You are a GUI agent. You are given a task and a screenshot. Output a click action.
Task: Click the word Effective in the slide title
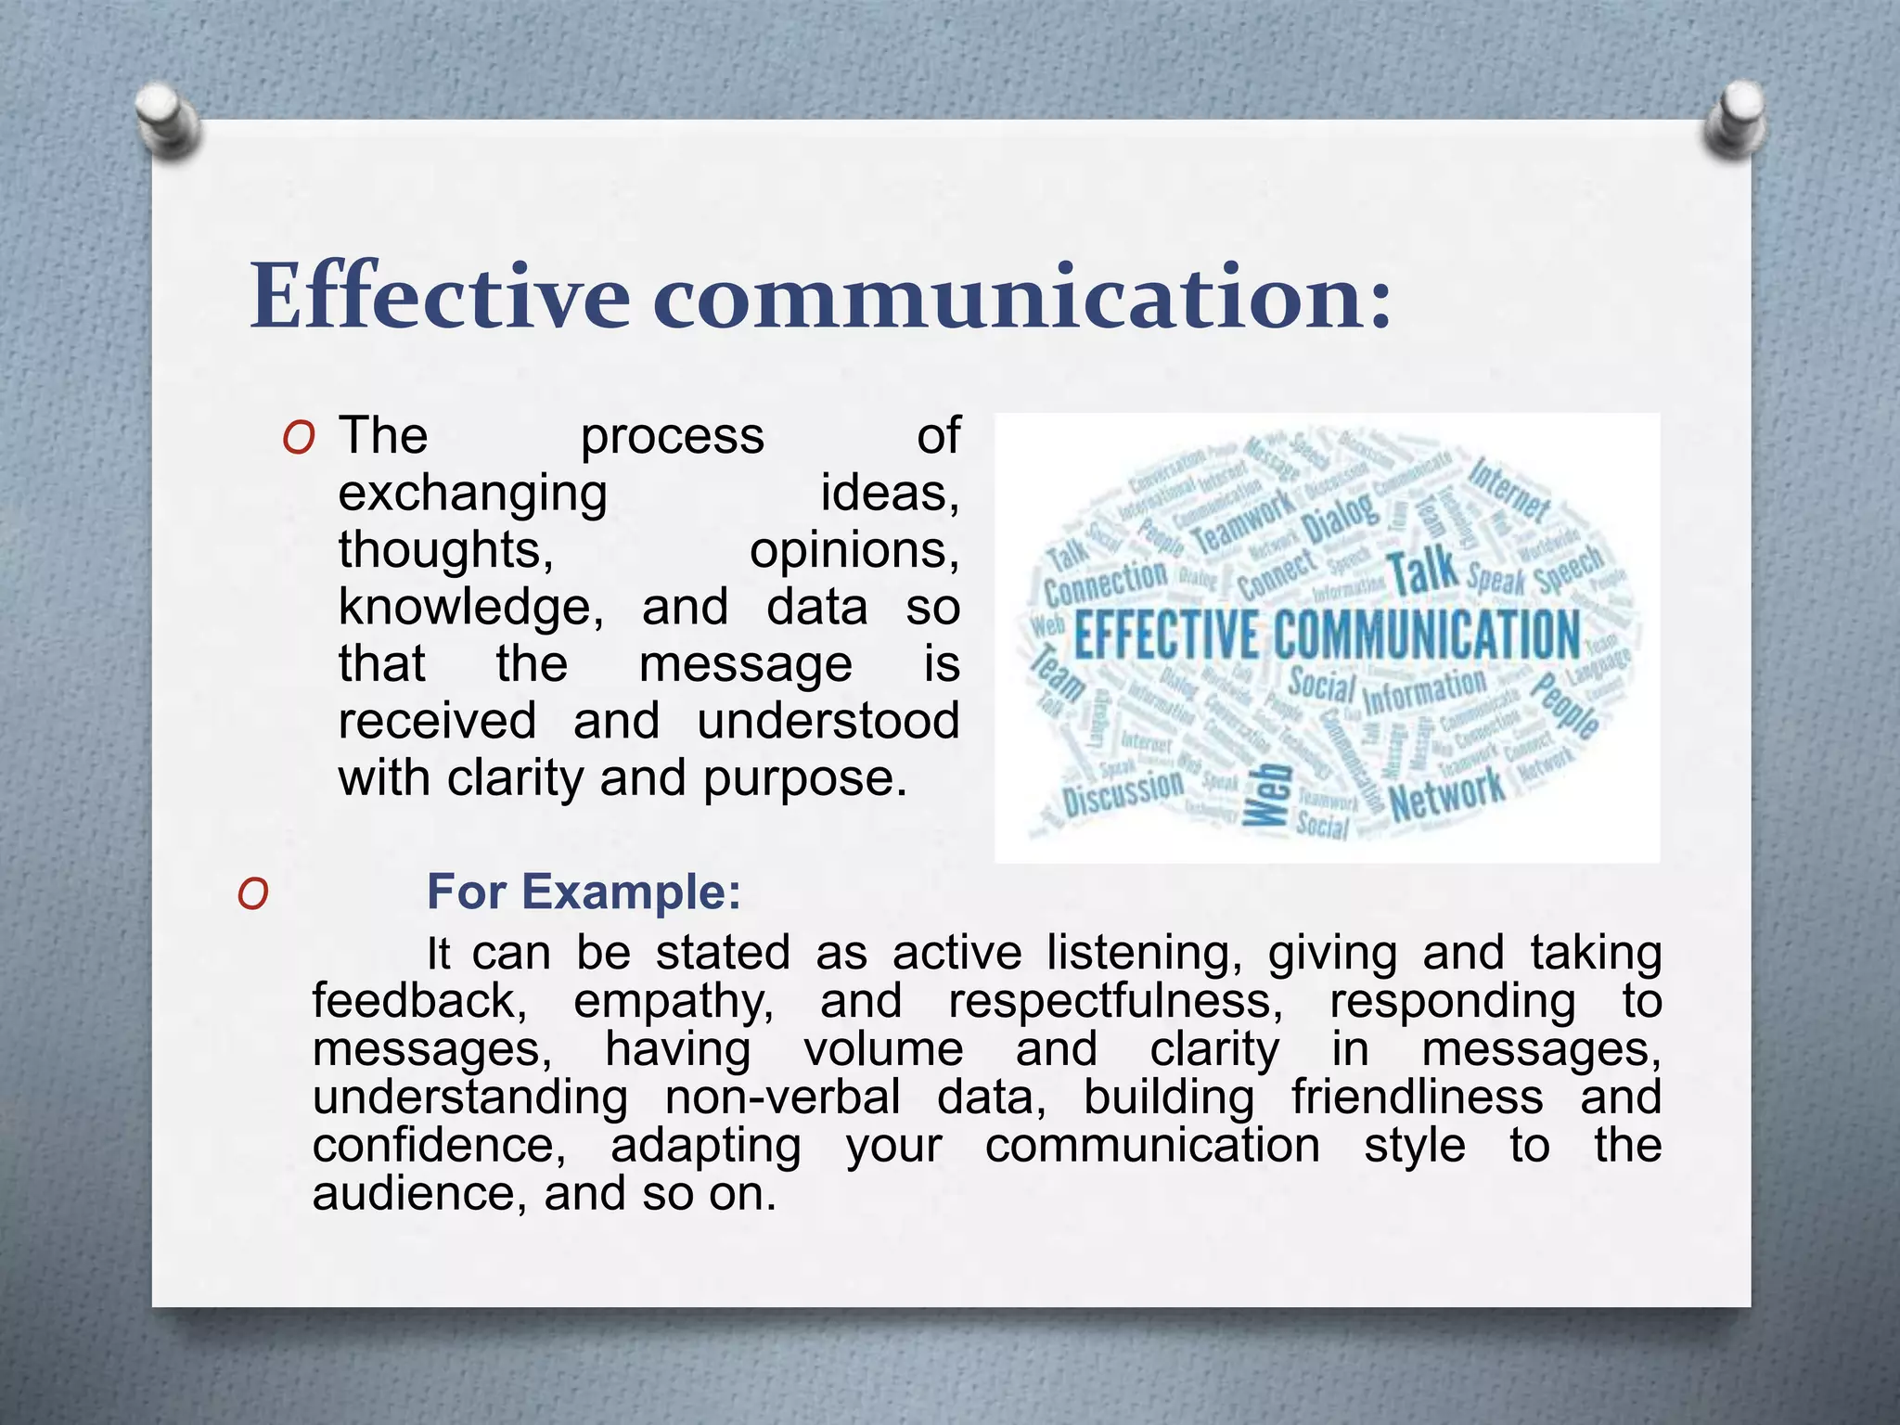(x=440, y=297)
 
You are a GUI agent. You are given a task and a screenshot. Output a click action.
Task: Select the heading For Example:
(x=584, y=892)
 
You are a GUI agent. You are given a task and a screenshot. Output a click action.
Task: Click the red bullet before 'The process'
(x=299, y=438)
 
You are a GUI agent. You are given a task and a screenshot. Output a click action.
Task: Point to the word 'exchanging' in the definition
(x=472, y=494)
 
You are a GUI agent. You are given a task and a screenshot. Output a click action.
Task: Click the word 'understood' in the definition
(x=828, y=721)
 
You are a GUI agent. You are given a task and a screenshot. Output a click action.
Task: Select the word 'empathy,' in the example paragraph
(x=674, y=1001)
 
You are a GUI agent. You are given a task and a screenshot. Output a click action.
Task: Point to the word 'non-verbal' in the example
(x=782, y=1098)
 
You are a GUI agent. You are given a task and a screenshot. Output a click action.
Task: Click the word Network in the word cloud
(x=1447, y=794)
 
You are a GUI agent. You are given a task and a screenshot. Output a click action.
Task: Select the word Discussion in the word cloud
(x=1123, y=793)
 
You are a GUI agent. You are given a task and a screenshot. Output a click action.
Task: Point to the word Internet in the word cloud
(x=1507, y=489)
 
